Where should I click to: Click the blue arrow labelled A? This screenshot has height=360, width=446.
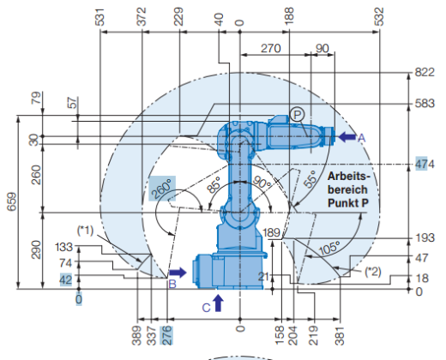tap(347, 137)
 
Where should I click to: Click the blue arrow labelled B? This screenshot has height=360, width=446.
tap(178, 273)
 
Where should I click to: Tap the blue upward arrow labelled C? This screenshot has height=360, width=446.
tap(218, 303)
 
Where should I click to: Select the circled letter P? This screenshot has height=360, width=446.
tap(298, 115)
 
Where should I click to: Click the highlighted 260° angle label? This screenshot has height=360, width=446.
tap(162, 189)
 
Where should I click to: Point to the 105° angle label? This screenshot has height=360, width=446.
tap(329, 248)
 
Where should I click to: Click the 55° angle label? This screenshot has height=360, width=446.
tap(310, 179)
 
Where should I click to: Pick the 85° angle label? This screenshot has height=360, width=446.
tap(214, 184)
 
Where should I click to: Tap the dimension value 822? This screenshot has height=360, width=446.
tap(425, 72)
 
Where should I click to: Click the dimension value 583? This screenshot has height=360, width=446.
tap(425, 103)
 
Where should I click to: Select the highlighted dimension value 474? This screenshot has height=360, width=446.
tap(425, 165)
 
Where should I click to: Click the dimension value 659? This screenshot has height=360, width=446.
tap(12, 201)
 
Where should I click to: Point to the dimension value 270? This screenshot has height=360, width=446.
tap(270, 49)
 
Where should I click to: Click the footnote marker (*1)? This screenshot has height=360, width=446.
tap(85, 231)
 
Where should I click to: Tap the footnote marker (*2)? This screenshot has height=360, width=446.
tap(373, 272)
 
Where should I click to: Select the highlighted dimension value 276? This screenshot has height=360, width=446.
tap(167, 335)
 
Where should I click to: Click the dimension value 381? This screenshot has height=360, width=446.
tap(340, 336)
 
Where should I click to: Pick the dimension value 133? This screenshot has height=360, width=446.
tap(63, 247)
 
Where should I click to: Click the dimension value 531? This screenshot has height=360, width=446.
tap(100, 17)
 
